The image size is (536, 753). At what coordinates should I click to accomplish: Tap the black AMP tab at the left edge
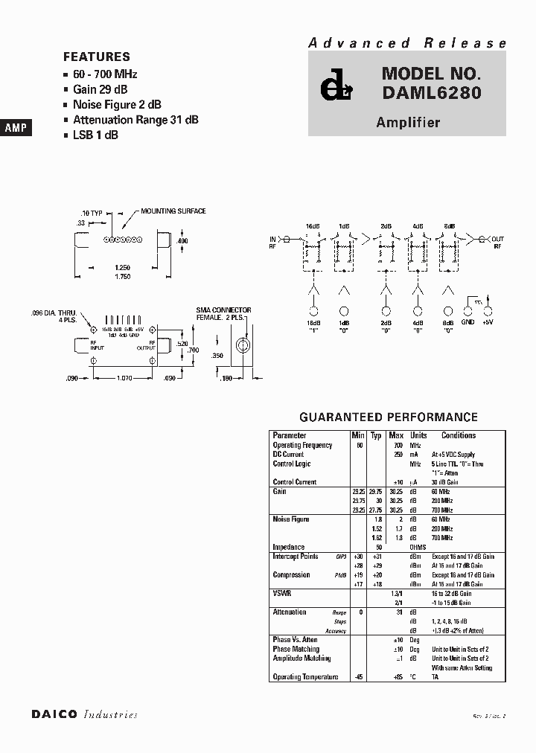tap(16, 128)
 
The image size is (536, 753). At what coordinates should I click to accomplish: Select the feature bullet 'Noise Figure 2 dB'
tap(117, 105)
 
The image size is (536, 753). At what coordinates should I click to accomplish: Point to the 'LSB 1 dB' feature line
tap(95, 135)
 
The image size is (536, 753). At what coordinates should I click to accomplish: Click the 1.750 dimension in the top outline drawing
tap(122, 277)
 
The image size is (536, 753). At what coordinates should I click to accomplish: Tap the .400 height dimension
tap(183, 241)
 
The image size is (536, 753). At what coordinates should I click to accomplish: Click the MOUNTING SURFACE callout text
tap(173, 211)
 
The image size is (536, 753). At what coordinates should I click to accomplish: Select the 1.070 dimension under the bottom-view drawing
tap(124, 379)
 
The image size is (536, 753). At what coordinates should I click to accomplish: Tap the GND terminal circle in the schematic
tap(467, 311)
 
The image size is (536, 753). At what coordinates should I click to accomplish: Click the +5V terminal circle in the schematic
tap(489, 311)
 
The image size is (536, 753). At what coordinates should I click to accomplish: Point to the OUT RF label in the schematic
tap(497, 243)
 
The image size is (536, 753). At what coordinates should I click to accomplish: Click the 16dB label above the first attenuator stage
tap(312, 225)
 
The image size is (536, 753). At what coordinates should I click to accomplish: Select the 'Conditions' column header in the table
tap(458, 435)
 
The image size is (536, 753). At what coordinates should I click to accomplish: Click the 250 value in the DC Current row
tap(397, 454)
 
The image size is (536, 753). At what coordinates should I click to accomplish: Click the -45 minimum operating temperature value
tap(359, 676)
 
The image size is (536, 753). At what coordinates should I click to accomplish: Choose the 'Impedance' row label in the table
tap(289, 547)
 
